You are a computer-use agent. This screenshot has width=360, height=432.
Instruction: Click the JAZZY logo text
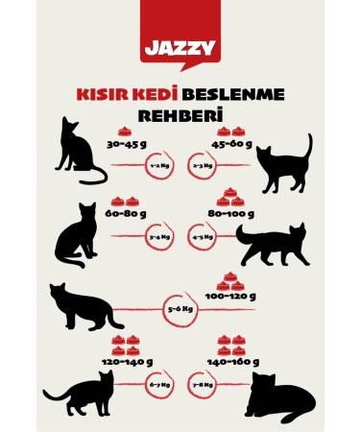(x=179, y=47)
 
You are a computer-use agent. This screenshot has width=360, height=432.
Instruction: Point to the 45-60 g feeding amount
(x=231, y=146)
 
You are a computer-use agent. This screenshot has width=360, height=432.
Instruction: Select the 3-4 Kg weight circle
(x=158, y=235)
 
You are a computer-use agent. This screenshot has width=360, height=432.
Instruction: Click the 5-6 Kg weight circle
(x=180, y=309)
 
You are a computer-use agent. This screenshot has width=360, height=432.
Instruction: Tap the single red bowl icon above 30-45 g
(x=125, y=132)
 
